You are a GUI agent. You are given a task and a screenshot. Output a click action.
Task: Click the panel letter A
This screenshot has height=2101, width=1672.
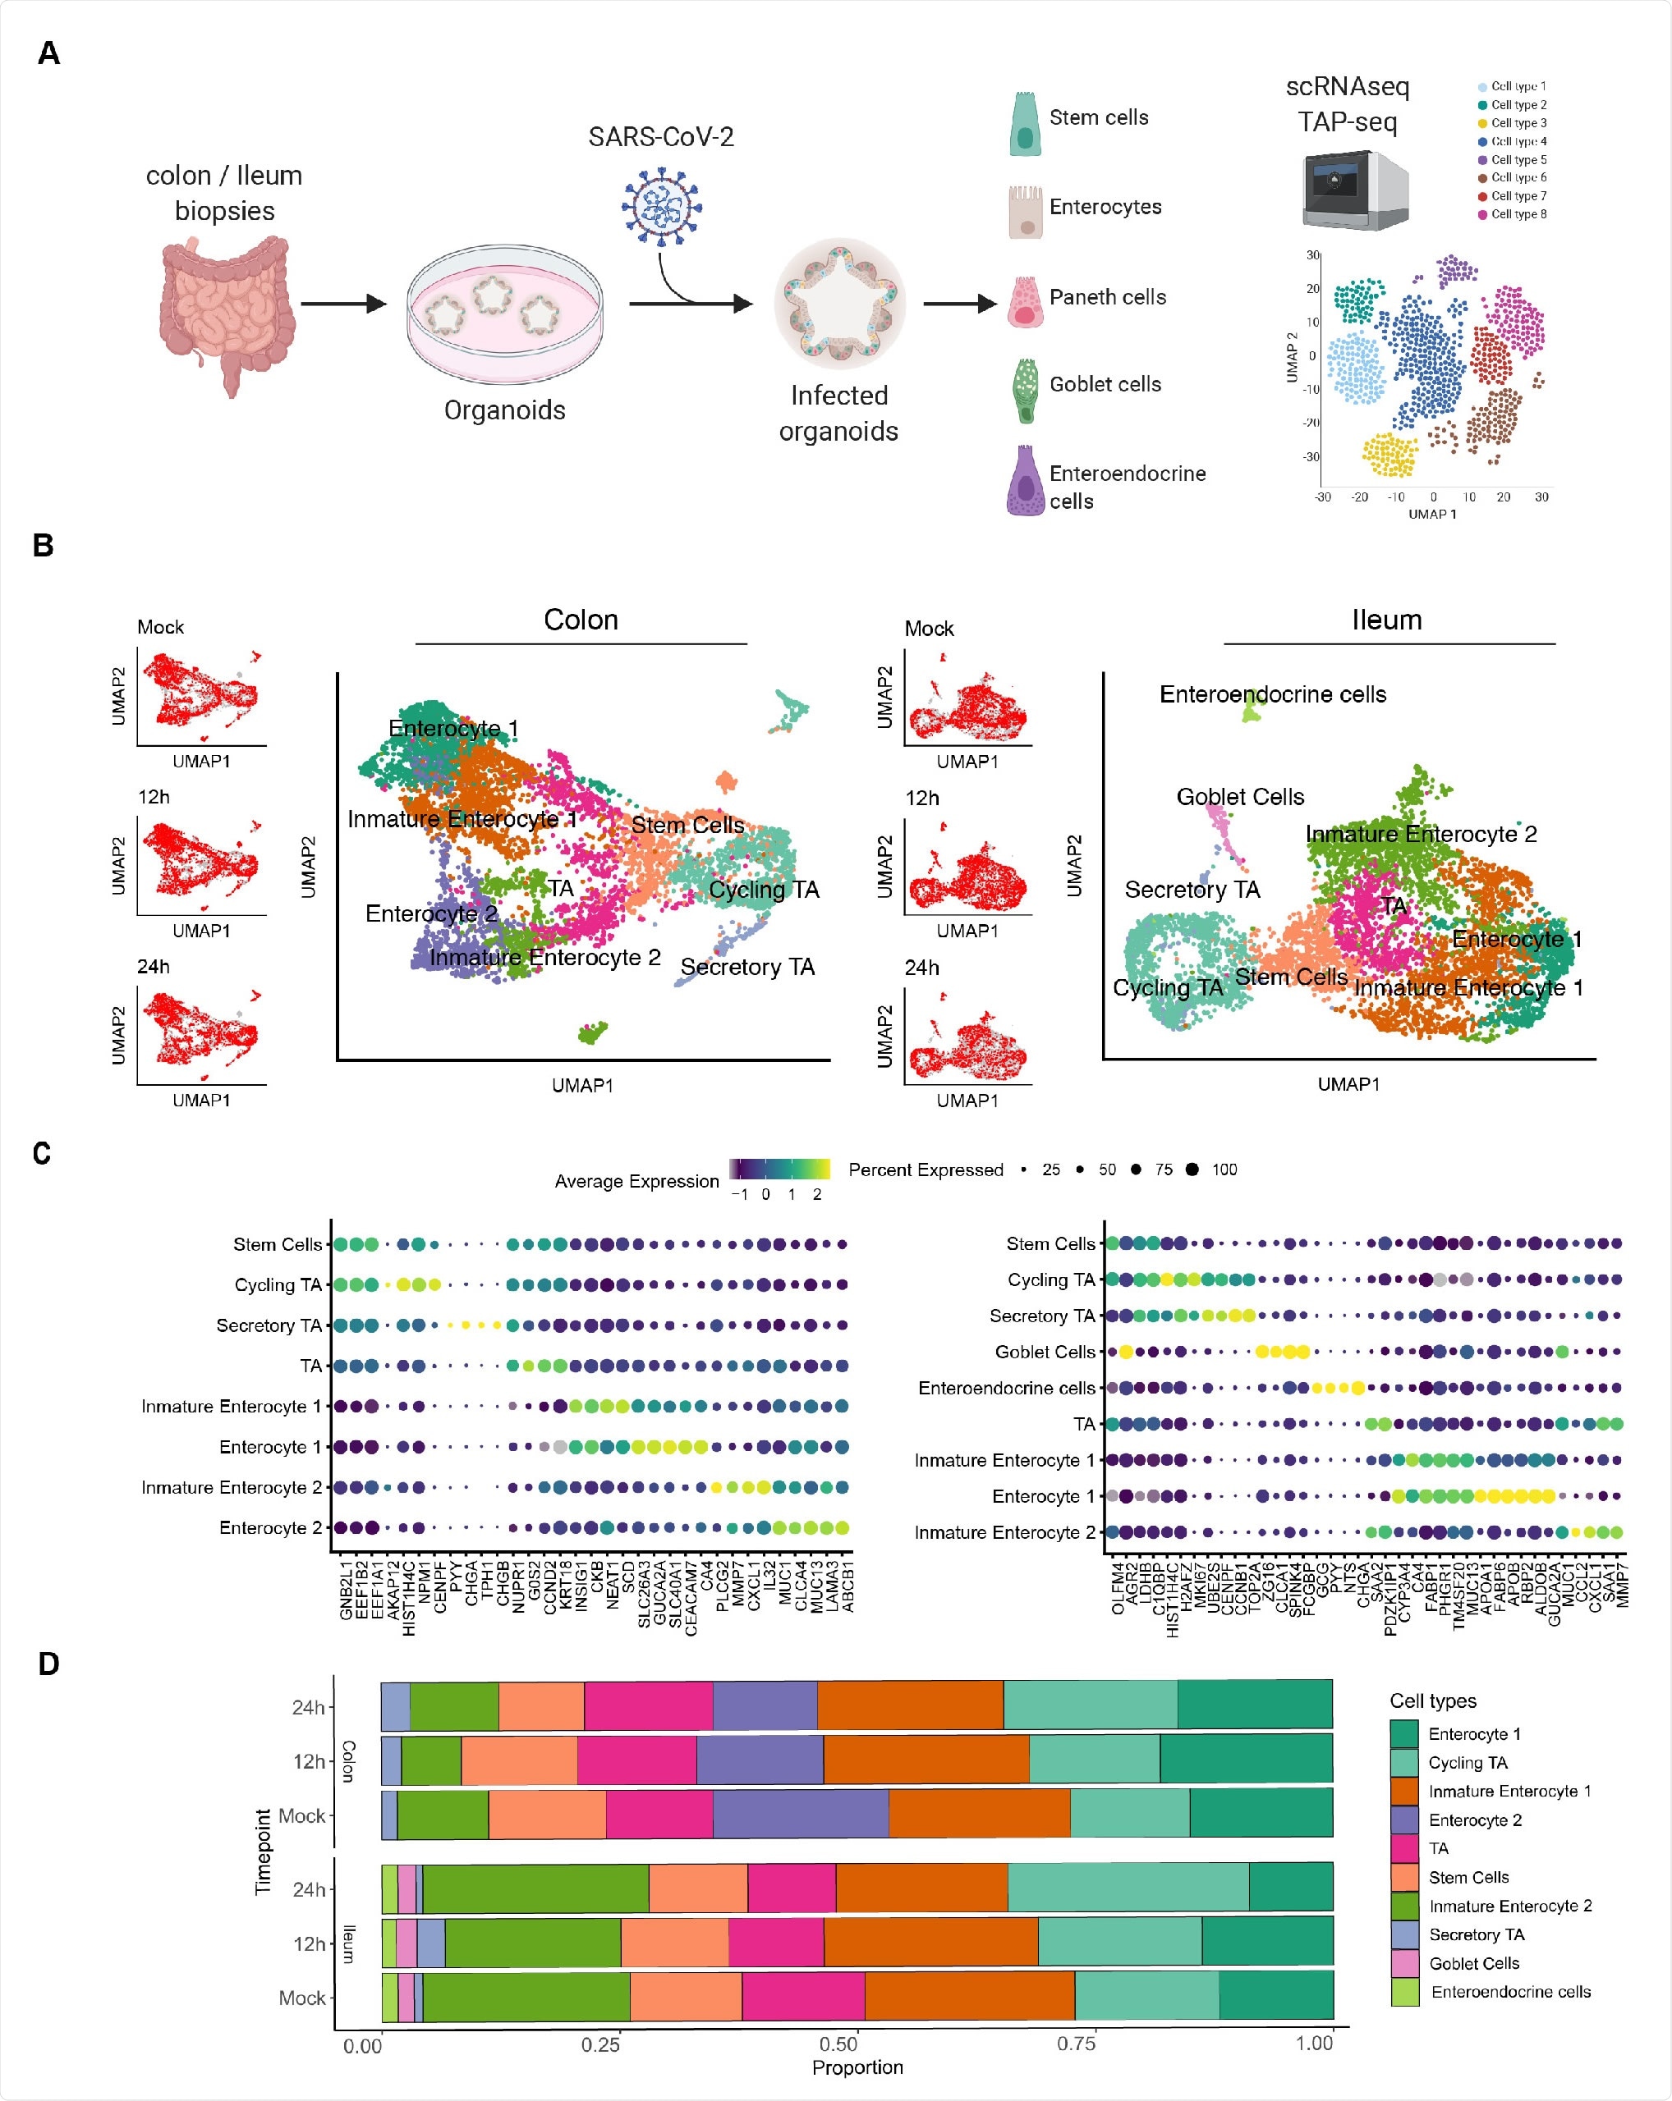pos(48,53)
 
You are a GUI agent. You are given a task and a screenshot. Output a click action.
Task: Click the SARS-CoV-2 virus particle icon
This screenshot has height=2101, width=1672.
pos(662,206)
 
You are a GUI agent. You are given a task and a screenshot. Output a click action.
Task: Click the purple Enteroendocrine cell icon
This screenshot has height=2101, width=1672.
pos(1025,480)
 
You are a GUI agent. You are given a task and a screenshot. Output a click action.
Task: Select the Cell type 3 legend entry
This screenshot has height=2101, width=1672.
pos(1511,123)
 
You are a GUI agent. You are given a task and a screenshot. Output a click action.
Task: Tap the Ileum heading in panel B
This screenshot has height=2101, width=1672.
pos(1385,620)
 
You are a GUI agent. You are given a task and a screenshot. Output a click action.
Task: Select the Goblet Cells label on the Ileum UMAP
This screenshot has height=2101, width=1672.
pos(1239,796)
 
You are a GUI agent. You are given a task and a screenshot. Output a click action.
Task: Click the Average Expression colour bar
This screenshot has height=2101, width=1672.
pos(779,1169)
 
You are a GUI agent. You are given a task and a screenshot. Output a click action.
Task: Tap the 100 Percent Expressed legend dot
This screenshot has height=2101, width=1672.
pos(1192,1170)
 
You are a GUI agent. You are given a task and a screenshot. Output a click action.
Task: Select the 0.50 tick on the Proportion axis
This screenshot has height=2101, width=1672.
pos(838,2044)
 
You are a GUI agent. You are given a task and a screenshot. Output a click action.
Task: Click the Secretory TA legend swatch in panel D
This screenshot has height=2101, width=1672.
pos(1404,1934)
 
